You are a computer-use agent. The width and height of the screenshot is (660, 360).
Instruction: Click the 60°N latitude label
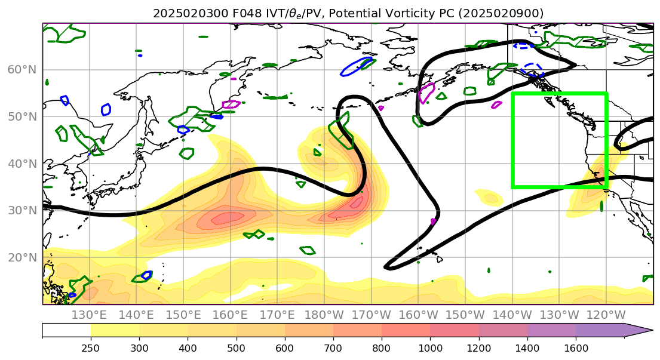coord(22,70)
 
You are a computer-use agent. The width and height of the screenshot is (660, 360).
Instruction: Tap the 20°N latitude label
coord(22,257)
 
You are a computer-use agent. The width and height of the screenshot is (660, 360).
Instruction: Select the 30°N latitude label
coord(22,210)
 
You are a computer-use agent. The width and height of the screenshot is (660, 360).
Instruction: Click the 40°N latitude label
coord(22,164)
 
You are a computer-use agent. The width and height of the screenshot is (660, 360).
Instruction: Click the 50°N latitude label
coord(22,116)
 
